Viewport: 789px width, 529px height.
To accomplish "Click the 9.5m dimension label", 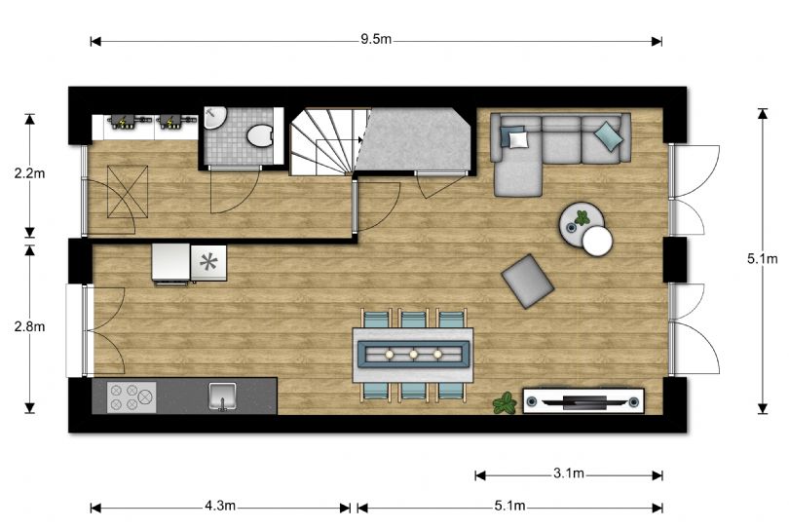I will coord(376,41).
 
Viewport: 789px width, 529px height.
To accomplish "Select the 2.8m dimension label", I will coord(29,326).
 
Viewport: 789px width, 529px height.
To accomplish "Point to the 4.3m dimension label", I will coord(221,507).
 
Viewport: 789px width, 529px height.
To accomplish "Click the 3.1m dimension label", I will coord(569,474).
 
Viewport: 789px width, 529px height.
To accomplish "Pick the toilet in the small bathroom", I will coord(260,135).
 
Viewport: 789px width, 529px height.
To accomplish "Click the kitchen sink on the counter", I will coord(223,397).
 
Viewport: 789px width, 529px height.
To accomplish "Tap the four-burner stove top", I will coord(131,397).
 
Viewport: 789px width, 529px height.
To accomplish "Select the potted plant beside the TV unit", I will coord(505,402).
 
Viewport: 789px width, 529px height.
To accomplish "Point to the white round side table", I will coord(596,240).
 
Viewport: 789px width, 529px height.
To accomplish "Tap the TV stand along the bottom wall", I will coord(583,400).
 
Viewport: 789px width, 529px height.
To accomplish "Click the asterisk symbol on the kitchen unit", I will coord(207,261).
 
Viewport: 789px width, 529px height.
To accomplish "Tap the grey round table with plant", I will coord(578,220).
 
